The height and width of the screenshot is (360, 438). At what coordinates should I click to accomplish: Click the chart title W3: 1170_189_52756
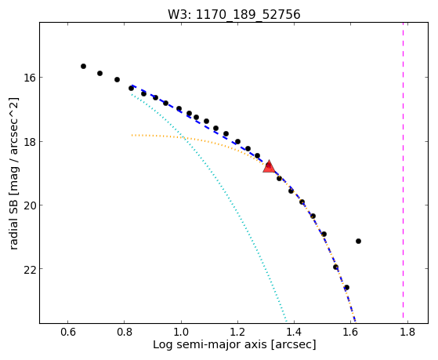(233, 14)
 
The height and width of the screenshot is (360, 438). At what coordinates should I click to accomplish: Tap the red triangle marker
(269, 167)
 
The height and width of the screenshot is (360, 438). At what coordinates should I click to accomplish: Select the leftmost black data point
(83, 67)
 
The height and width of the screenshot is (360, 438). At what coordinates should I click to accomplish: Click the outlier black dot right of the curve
(358, 241)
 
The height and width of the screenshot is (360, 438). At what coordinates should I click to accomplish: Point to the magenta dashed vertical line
(403, 170)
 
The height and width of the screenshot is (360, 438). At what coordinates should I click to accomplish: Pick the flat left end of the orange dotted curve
(132, 135)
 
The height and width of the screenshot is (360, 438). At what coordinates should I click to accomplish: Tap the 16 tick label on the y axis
(29, 77)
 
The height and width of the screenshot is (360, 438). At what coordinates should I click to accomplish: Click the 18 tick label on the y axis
(29, 141)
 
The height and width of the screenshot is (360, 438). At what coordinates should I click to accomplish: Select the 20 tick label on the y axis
(29, 205)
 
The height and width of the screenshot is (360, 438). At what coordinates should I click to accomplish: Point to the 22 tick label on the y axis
(29, 269)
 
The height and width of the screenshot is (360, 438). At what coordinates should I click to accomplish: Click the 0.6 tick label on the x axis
(68, 332)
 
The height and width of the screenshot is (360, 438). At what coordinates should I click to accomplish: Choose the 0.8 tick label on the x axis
(125, 332)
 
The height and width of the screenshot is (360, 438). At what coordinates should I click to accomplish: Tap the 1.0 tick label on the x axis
(181, 332)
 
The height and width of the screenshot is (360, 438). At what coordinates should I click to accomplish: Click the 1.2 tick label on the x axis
(237, 332)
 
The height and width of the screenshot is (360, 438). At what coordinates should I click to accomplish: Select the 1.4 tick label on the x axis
(294, 332)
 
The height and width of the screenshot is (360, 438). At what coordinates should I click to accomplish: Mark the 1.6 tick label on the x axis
(351, 332)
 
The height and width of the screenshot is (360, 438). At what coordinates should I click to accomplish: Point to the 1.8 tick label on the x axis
(407, 332)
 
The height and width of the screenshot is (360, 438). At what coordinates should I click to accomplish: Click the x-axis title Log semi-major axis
(210, 345)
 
